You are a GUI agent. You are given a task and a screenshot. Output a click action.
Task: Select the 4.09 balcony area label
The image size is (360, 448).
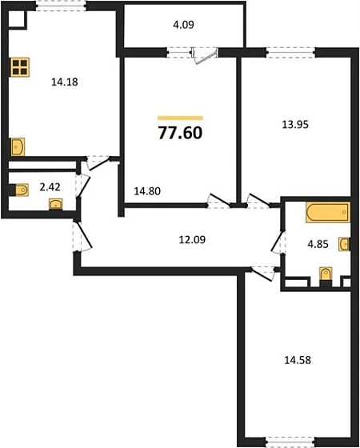182,25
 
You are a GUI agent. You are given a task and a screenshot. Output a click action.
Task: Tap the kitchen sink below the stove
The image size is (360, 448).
18,146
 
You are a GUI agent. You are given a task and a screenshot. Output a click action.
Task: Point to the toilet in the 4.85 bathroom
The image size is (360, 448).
324,277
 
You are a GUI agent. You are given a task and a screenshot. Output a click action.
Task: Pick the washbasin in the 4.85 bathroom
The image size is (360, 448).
344,243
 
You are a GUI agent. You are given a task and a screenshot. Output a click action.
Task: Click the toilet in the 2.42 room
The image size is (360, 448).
21,190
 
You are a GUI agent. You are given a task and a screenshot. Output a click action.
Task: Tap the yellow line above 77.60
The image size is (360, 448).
180,118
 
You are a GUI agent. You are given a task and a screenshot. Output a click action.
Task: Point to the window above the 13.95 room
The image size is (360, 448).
290,54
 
